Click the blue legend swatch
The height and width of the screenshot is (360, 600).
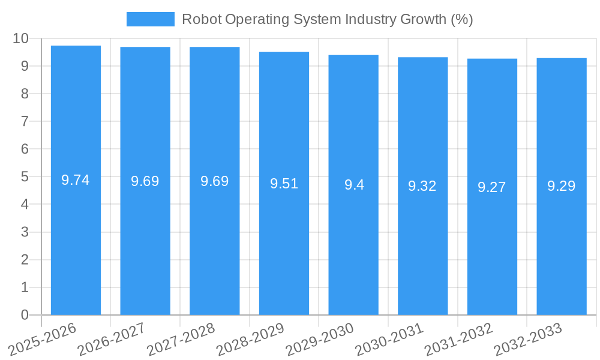pos(150,19)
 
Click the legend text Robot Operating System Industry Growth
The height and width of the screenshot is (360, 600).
pos(327,19)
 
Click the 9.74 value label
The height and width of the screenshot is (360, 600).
pos(76,180)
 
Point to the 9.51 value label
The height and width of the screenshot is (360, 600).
pos(284,184)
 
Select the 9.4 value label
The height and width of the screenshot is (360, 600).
pos(354,185)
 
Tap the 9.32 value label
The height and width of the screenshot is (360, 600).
pos(422,186)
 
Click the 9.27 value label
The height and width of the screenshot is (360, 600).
pos(492,187)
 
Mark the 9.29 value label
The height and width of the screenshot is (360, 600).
pos(562,186)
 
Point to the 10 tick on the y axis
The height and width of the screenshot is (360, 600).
pos(21,38)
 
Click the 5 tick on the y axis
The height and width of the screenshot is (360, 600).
pos(25,177)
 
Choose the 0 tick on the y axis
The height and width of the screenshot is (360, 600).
pos(25,315)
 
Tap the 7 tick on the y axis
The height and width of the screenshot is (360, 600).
pos(25,121)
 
